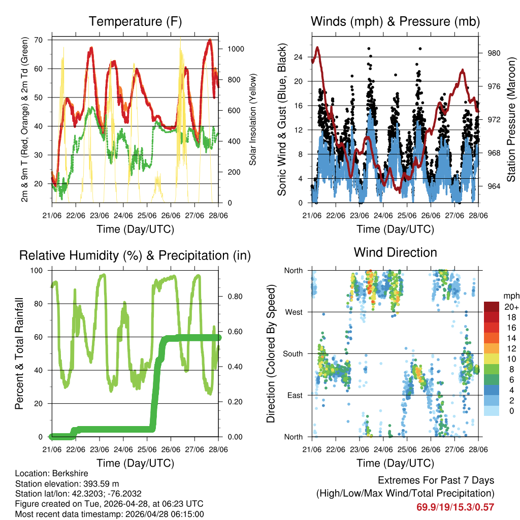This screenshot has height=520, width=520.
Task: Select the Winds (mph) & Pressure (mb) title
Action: tap(395, 22)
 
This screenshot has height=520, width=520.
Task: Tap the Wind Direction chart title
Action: tap(395, 252)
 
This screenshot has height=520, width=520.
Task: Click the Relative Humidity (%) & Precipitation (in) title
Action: tap(135, 255)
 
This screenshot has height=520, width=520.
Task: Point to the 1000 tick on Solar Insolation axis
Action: tap(237, 49)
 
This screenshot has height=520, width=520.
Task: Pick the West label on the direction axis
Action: tap(293, 312)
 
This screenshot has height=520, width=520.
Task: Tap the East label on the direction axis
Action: tap(294, 396)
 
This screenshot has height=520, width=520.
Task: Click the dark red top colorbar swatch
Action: tap(492, 307)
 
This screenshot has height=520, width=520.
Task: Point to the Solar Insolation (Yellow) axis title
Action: tap(252, 119)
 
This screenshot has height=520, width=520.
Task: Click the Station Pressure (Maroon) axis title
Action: tap(511, 119)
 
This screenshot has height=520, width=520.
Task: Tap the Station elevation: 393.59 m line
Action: tap(67, 483)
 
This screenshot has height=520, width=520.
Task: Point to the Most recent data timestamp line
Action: tap(109, 514)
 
